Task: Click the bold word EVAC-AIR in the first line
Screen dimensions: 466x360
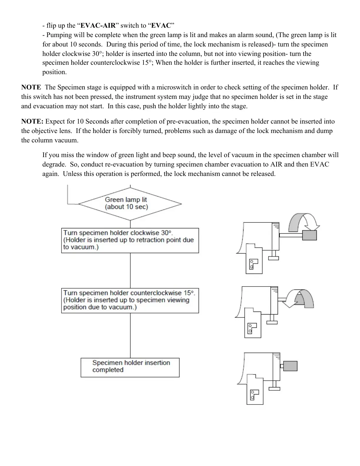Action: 98,26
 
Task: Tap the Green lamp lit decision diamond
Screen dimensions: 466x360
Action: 130,204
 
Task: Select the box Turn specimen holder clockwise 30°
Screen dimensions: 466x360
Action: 130,240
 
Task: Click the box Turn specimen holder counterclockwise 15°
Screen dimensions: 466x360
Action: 130,300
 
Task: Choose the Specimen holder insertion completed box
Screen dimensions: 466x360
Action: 130,367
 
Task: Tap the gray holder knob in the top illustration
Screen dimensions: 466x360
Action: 309,235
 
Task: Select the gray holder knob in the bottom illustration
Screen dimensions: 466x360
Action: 290,366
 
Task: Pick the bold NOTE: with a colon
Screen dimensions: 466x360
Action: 32,122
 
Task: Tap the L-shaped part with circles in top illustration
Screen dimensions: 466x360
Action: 253,263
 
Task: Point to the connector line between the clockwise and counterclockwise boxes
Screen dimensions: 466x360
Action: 130,271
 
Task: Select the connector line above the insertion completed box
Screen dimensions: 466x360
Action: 130,335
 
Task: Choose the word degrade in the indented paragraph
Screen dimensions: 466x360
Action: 53,164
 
